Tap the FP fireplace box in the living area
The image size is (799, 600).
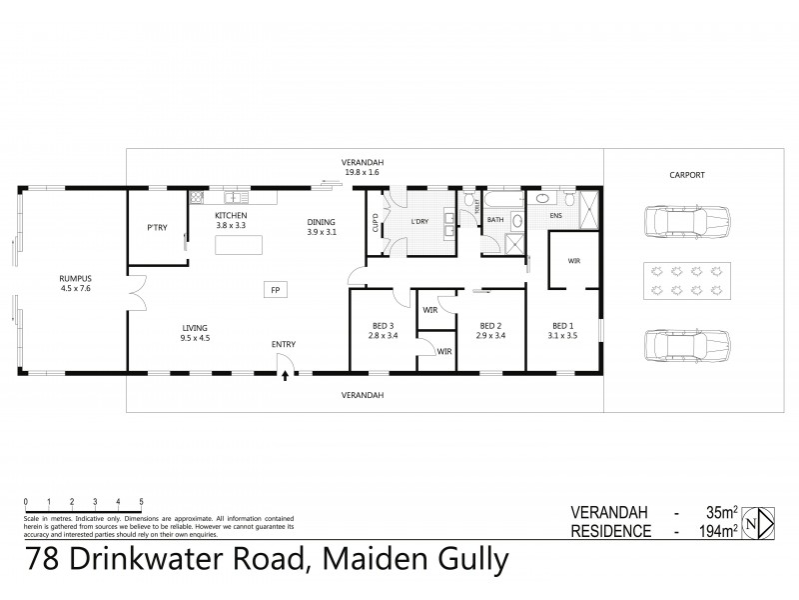(x=274, y=291)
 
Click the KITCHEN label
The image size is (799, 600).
(x=232, y=216)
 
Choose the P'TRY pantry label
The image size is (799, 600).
(x=157, y=229)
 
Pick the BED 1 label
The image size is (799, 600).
(x=565, y=325)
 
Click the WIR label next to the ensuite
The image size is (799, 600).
(x=574, y=260)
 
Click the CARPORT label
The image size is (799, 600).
(x=687, y=174)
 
